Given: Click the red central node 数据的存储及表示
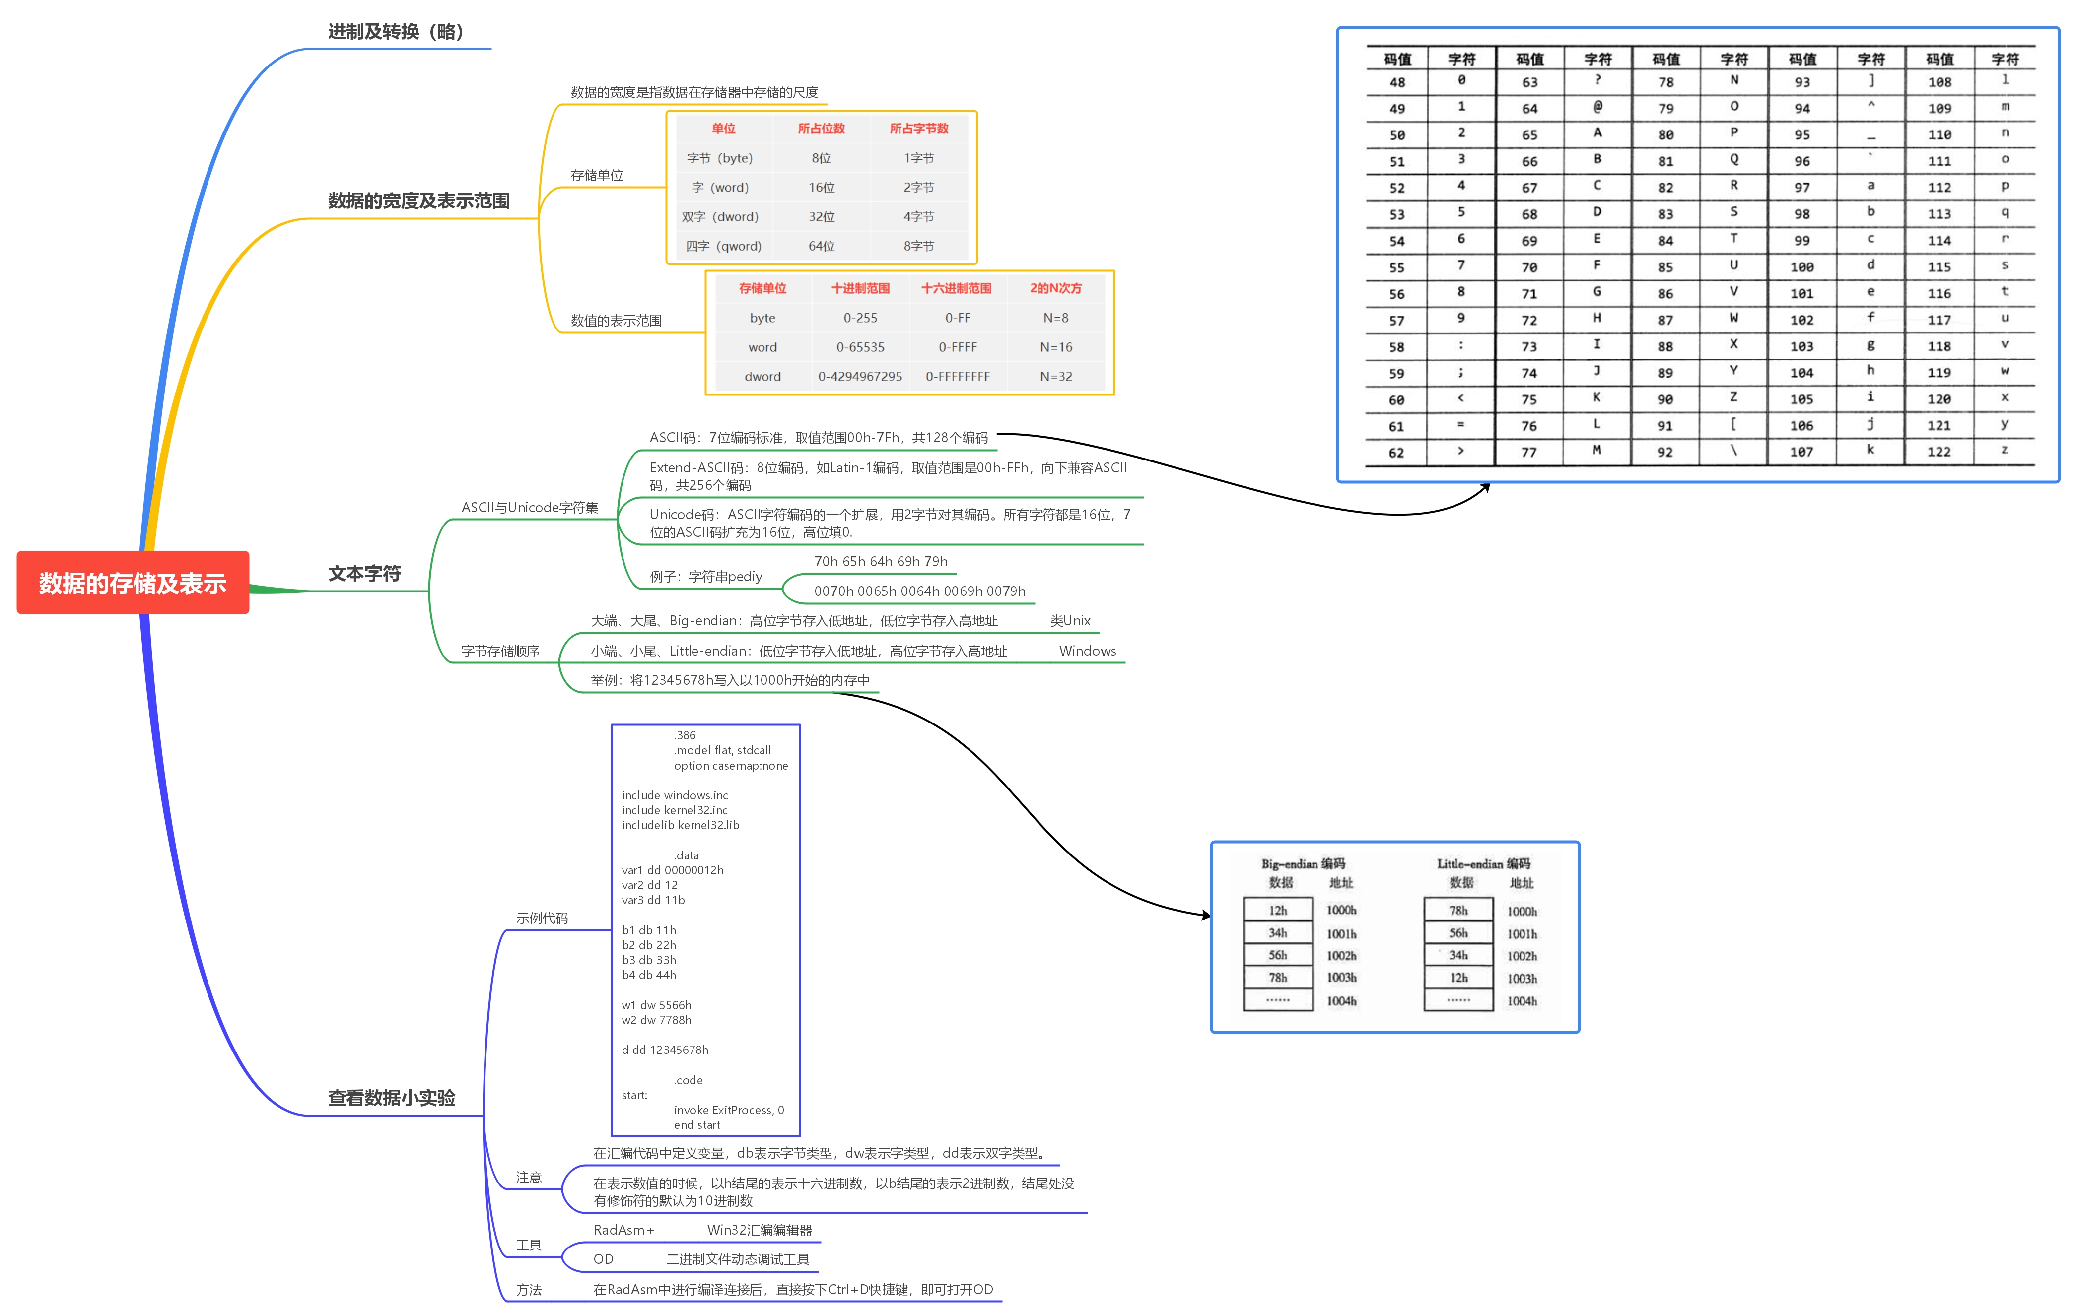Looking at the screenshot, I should point(133,583).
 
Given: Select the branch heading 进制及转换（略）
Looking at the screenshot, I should point(396,32).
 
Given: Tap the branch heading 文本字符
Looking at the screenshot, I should point(364,574).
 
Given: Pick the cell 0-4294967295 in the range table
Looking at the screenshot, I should point(859,376).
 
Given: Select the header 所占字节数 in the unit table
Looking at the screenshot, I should point(918,129).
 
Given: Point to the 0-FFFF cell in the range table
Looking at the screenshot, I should point(957,347).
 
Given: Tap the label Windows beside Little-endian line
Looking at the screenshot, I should point(1087,651).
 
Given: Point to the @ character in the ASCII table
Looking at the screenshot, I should point(1597,107).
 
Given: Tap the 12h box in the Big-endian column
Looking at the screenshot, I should point(1277,910).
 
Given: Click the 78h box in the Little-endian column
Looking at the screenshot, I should point(1457,910).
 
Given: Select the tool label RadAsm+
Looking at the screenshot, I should point(623,1230).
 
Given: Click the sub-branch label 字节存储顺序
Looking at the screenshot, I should point(500,651).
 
